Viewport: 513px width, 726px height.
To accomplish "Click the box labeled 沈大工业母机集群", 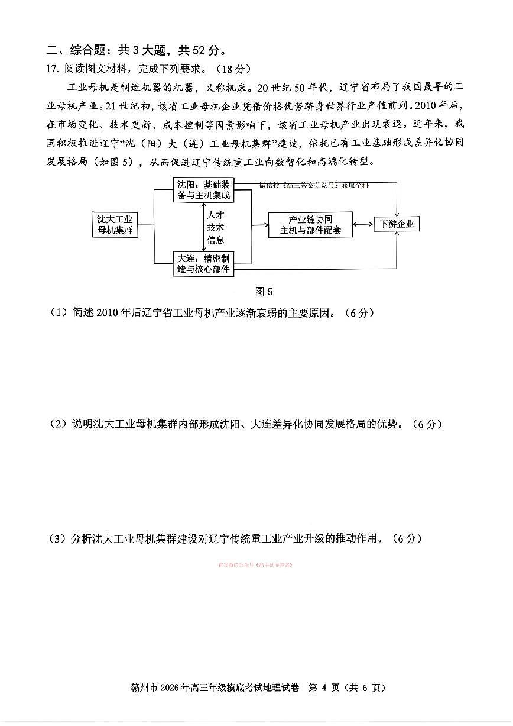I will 115,224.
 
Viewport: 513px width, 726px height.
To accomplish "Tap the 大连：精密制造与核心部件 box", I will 203,263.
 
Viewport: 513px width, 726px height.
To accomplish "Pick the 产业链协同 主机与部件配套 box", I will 310,225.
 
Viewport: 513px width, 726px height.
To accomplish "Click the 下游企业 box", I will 397,224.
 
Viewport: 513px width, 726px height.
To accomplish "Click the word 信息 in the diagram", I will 215,240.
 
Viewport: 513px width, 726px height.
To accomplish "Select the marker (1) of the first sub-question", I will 59,312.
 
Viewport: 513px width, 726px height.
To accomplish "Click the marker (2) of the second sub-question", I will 59,424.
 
